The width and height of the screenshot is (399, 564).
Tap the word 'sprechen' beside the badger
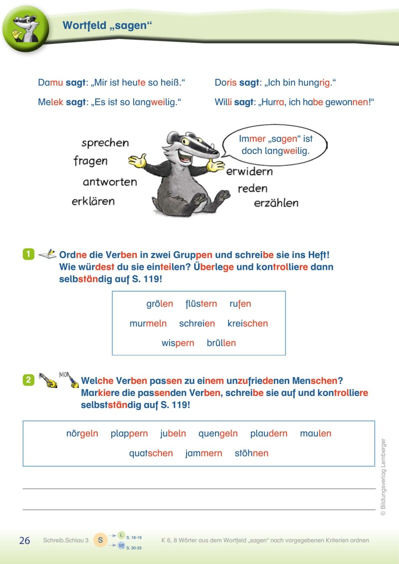pos(105,143)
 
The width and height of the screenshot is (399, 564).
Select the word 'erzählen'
pos(276,203)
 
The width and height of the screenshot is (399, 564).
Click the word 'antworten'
pos(110,182)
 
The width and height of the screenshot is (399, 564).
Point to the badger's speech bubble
pos(275,144)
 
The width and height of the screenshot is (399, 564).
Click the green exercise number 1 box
pos(28,254)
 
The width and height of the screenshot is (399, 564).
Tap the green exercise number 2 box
pos(28,380)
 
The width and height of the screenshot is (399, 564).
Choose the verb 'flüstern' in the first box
pos(201,304)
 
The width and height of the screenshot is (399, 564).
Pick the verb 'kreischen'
pos(247,323)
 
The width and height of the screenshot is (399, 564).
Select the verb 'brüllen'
pos(221,343)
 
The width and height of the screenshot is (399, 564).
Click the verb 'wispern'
pos(178,343)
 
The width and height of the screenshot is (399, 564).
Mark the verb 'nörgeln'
pos(82,433)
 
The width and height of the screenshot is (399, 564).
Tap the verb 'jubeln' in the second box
pos(173,433)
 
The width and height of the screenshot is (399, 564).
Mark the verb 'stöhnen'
pos(251,453)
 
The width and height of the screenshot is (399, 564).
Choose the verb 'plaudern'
pos(269,433)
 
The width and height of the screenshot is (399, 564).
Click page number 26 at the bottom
pos(24,541)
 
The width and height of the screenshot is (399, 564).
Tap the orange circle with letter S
pos(100,540)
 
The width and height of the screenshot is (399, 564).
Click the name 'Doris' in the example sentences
pos(225,83)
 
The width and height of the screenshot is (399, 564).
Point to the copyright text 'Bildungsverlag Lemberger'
pos(383,476)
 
